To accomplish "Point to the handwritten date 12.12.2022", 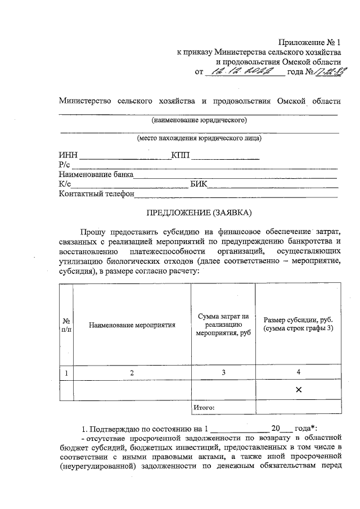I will click(247, 71).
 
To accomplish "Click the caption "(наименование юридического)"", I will click(199, 120).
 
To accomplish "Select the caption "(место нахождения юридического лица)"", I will click(199, 138).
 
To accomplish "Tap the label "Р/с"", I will click(64, 165).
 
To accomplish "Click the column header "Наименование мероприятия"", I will click(132, 325).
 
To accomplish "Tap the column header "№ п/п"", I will click(66, 325).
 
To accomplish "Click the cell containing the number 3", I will click(223, 372).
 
